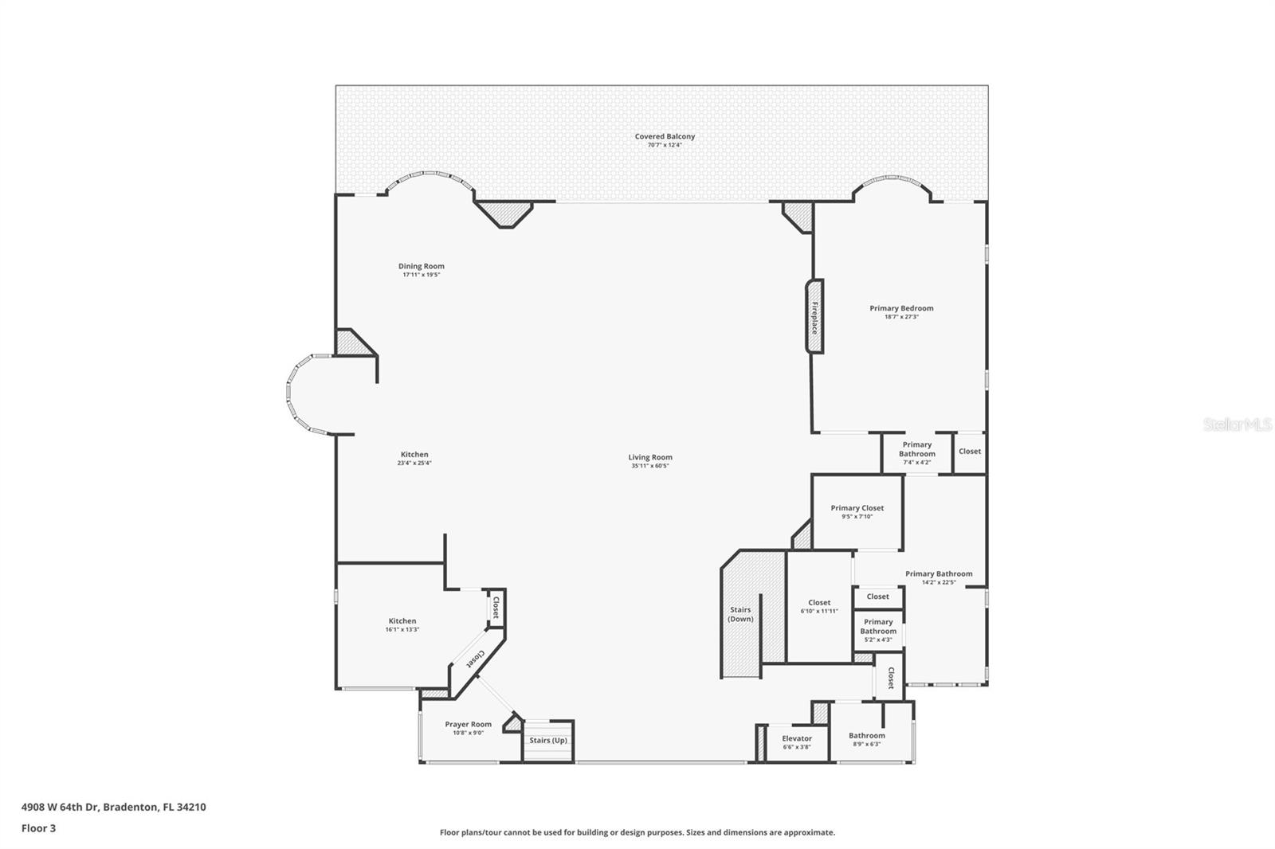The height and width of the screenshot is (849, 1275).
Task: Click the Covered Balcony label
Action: tap(665, 137)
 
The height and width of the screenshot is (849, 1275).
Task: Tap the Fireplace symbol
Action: tap(814, 316)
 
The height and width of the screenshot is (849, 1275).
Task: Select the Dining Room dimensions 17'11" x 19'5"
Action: tap(421, 275)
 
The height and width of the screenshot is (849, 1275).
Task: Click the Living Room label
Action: tap(650, 457)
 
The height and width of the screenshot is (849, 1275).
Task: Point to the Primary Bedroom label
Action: tap(901, 308)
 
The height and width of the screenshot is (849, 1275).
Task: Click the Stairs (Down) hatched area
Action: tap(741, 614)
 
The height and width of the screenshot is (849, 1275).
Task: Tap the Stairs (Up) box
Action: tap(548, 741)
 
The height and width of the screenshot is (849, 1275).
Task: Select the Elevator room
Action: tap(796, 742)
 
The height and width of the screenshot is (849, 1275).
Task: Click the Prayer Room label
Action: tap(468, 725)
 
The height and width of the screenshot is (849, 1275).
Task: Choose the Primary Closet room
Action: tap(857, 512)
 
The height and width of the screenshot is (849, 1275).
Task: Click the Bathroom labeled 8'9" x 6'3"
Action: tap(866, 740)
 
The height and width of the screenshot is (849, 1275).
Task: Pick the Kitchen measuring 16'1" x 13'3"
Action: tap(402, 625)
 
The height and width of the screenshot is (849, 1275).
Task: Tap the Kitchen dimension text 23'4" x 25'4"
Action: tap(414, 464)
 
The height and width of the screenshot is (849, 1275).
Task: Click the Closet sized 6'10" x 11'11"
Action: tap(819, 607)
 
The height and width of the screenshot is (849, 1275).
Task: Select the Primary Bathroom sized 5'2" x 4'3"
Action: tap(877, 631)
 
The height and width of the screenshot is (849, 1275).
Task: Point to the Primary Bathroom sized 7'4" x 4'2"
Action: tap(916, 453)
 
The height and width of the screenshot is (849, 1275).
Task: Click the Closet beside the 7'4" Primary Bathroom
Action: tap(970, 452)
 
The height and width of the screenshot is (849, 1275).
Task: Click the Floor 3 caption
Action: tap(38, 828)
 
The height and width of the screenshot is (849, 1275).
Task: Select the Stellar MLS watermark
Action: tap(1237, 425)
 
